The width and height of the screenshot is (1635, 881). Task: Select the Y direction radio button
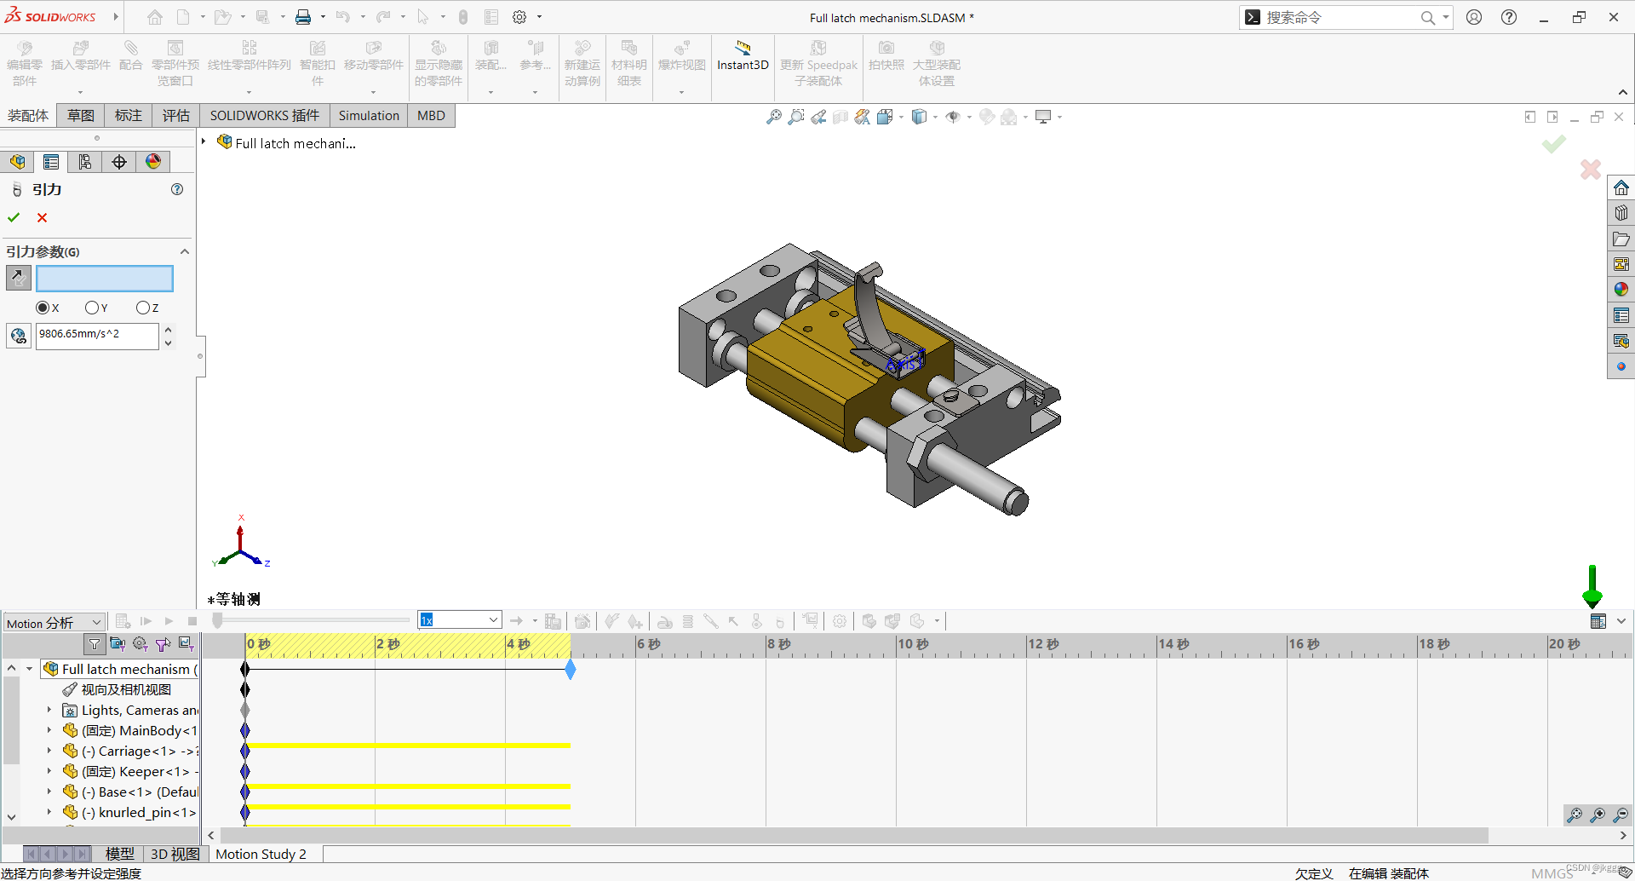(92, 308)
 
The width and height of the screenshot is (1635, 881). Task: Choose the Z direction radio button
(142, 308)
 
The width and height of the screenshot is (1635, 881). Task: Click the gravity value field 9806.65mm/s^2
(96, 335)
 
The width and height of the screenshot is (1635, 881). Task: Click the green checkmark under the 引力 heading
(14, 218)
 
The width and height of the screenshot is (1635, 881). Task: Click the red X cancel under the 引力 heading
(42, 218)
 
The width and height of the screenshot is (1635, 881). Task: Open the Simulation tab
(368, 116)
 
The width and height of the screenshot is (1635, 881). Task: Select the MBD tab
(431, 116)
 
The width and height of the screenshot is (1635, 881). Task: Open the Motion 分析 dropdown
(54, 623)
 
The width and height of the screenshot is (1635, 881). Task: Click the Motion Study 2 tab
(261, 854)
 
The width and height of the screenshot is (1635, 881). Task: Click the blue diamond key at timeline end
(571, 670)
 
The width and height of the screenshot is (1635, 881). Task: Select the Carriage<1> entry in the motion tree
(136, 751)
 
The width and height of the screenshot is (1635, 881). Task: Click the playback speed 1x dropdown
(459, 620)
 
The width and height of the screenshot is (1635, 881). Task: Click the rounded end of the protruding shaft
(1016, 500)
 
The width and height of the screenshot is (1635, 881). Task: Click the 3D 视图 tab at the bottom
(175, 854)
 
